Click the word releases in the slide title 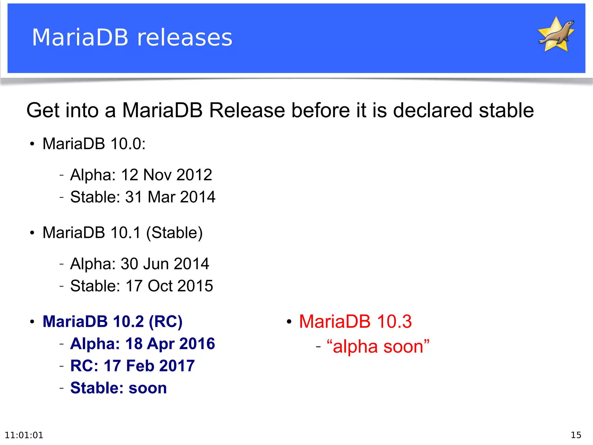click(184, 38)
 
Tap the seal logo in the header click(556, 34)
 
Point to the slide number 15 click(576, 435)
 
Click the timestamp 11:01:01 click(24, 435)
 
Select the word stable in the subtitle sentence click(506, 110)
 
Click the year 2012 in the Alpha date click(194, 175)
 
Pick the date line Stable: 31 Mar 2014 click(143, 197)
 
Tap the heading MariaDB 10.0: click(94, 144)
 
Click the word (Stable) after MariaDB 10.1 click(174, 233)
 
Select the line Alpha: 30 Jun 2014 click(140, 264)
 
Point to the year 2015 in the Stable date click(195, 286)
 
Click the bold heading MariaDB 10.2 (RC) click(112, 322)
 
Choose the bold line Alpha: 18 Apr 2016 click(142, 344)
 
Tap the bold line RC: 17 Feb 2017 click(132, 366)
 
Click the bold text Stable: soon click(118, 388)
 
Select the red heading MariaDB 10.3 click(355, 322)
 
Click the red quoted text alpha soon click(378, 346)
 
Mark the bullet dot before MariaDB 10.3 click(289, 322)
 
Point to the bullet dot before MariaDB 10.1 click(32, 233)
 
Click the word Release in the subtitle click(247, 110)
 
